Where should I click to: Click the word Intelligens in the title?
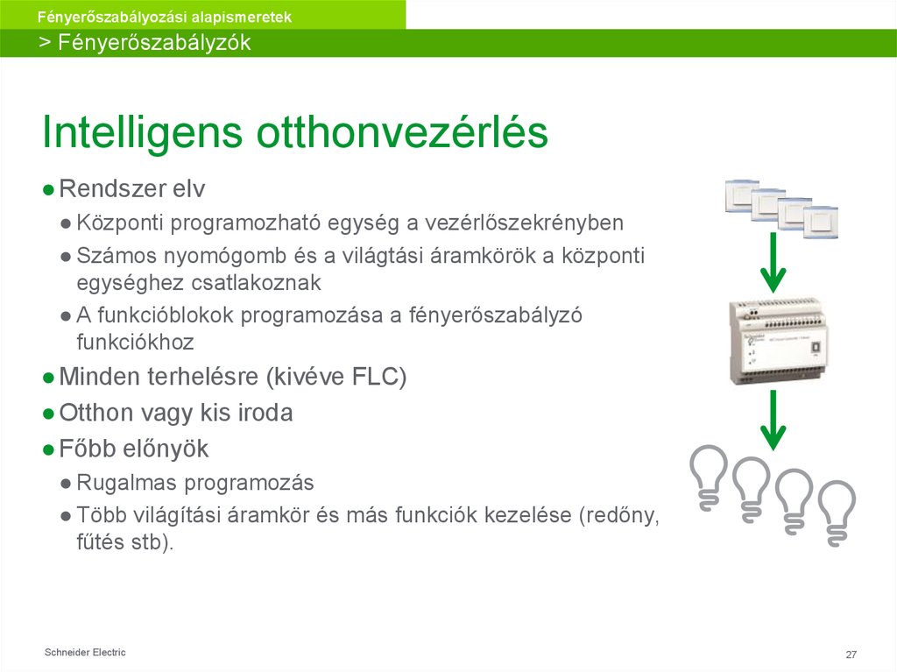143,134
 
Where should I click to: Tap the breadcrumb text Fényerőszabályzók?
154,43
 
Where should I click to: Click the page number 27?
851,655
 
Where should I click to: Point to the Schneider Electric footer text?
85,653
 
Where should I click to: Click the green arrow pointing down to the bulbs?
772,421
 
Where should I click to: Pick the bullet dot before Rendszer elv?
49,190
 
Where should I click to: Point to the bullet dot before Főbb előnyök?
49,449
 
